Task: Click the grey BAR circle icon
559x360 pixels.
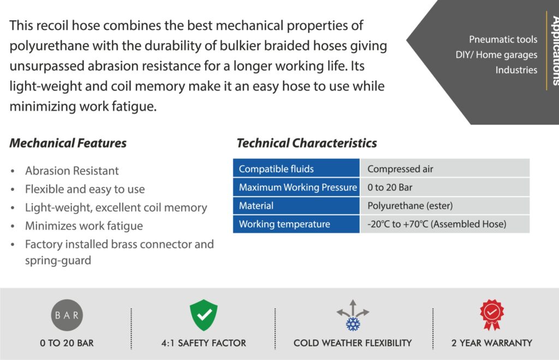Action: (x=67, y=315)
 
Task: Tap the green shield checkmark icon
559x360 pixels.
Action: (x=204, y=315)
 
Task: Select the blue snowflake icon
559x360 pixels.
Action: (x=353, y=324)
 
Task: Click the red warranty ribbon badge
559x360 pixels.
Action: (x=492, y=315)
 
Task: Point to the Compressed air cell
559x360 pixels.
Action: (x=444, y=168)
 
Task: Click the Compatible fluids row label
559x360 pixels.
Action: (x=296, y=168)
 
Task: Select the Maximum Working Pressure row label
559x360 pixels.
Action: (x=296, y=187)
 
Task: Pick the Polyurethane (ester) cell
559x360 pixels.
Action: (x=444, y=205)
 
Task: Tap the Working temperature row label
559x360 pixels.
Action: (x=296, y=224)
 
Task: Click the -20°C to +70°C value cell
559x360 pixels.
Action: (x=444, y=224)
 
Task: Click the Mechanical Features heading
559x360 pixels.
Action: (x=68, y=143)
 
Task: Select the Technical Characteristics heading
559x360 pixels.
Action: (x=307, y=143)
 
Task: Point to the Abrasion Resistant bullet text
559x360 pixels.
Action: (x=72, y=171)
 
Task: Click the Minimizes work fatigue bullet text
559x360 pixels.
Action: (x=84, y=226)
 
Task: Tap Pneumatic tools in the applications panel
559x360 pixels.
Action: (x=503, y=39)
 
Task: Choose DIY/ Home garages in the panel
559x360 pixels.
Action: (x=496, y=55)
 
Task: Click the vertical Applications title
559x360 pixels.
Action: (x=555, y=50)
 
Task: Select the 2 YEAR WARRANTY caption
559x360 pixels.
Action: (x=492, y=343)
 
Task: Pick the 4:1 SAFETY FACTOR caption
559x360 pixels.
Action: (x=204, y=343)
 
